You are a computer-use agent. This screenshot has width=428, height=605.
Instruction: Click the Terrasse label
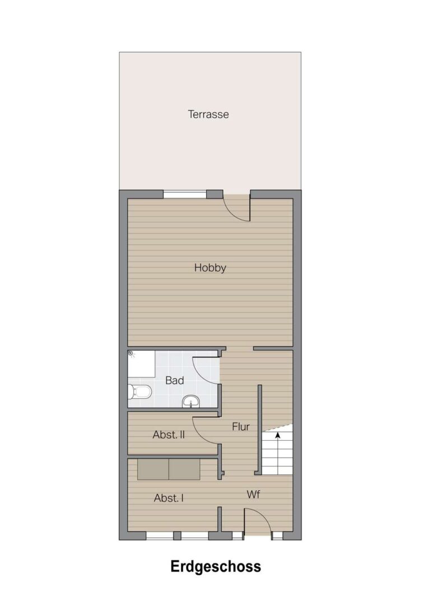208,114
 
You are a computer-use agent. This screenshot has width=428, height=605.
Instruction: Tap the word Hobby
210,268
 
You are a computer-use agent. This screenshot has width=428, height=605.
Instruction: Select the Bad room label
174,380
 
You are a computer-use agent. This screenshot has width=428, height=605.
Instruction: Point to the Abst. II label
169,435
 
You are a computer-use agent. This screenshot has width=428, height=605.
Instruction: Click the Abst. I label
169,498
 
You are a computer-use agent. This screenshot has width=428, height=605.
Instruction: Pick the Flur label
241,427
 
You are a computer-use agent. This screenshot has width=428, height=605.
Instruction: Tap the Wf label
253,494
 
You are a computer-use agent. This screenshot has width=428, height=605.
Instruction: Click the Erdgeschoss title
216,567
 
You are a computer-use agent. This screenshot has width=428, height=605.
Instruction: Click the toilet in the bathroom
139,392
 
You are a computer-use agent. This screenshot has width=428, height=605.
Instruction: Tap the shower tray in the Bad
142,364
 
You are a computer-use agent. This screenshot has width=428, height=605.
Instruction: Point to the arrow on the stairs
277,435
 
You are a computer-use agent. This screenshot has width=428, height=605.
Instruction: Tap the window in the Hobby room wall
185,194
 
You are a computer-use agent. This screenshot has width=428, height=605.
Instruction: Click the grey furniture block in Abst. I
169,469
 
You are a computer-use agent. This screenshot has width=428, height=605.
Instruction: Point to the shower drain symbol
131,353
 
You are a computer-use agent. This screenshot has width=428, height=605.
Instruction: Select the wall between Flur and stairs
260,430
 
